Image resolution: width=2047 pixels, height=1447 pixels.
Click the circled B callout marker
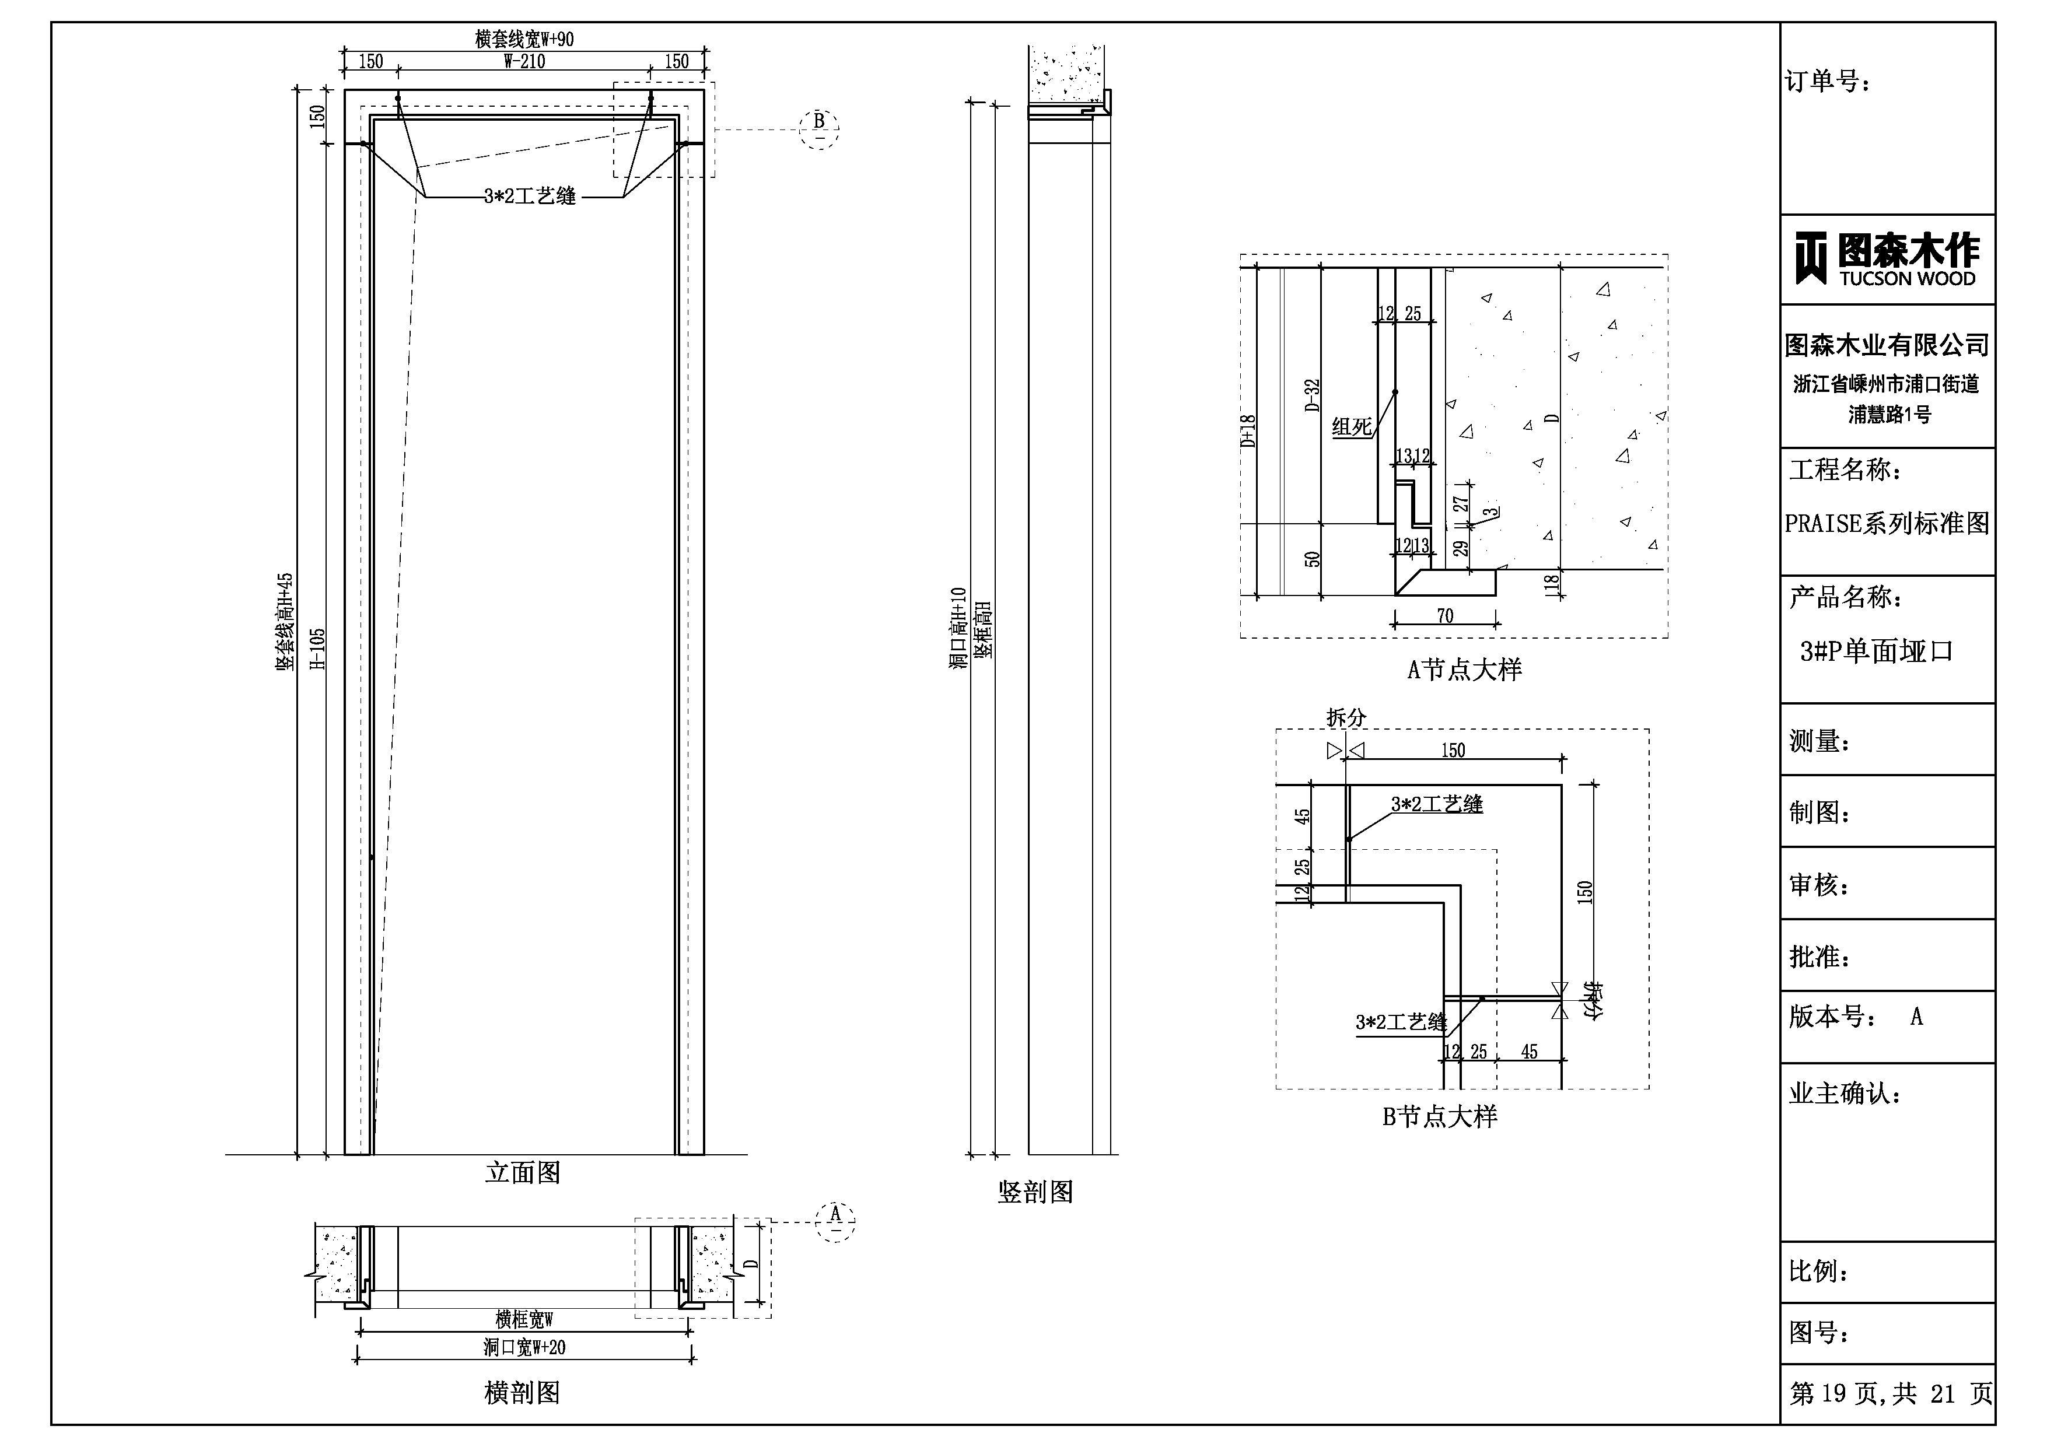pos(820,129)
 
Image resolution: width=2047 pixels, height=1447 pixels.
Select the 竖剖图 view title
pos(1035,1193)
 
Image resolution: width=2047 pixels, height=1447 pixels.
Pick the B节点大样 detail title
pos(1439,1117)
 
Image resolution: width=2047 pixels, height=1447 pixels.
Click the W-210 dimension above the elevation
pos(524,61)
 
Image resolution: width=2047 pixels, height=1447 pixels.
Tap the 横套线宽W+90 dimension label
pos(524,39)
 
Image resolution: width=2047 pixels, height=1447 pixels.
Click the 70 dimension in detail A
pos(1445,616)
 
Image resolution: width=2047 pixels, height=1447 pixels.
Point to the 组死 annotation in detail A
pos(1352,427)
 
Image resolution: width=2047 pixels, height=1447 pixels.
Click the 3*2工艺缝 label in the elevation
pos(530,196)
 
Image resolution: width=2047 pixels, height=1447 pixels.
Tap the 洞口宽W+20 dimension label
pos(524,1347)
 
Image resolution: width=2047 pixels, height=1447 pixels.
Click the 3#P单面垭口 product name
pos(1876,651)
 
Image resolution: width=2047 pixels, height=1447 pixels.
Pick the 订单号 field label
pos(1828,82)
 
